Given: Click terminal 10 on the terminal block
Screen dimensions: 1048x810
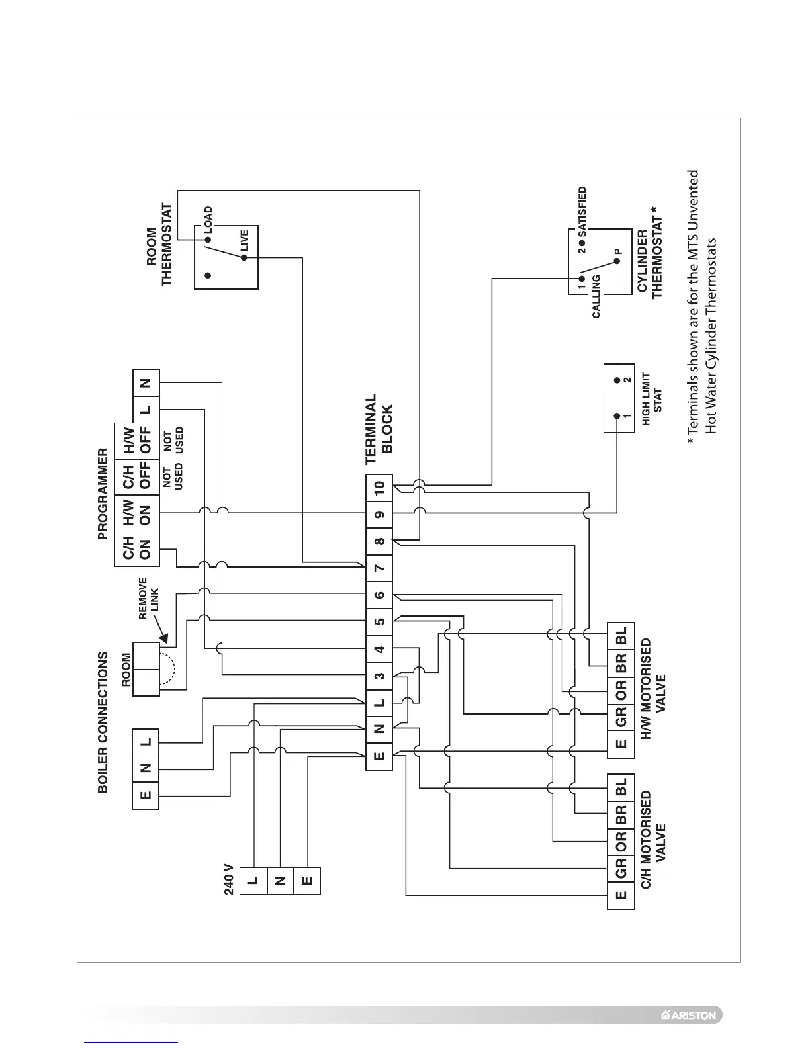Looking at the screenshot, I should (379, 488).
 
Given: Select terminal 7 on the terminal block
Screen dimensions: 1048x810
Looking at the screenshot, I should (379, 568).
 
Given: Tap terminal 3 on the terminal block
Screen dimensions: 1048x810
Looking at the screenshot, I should (379, 676).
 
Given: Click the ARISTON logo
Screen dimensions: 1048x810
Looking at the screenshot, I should (688, 1014).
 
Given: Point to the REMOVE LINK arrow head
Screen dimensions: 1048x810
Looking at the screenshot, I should (164, 640).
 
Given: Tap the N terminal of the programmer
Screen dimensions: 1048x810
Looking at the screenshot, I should (146, 383).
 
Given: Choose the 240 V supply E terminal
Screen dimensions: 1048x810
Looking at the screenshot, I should (306, 880).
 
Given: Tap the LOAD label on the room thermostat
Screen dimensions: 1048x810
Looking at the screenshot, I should (208, 219).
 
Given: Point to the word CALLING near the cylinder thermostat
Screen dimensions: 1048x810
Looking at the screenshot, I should (596, 297).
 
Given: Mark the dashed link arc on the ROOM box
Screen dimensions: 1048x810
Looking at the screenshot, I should (169, 669).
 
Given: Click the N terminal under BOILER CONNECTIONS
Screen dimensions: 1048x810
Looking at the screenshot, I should (146, 769).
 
